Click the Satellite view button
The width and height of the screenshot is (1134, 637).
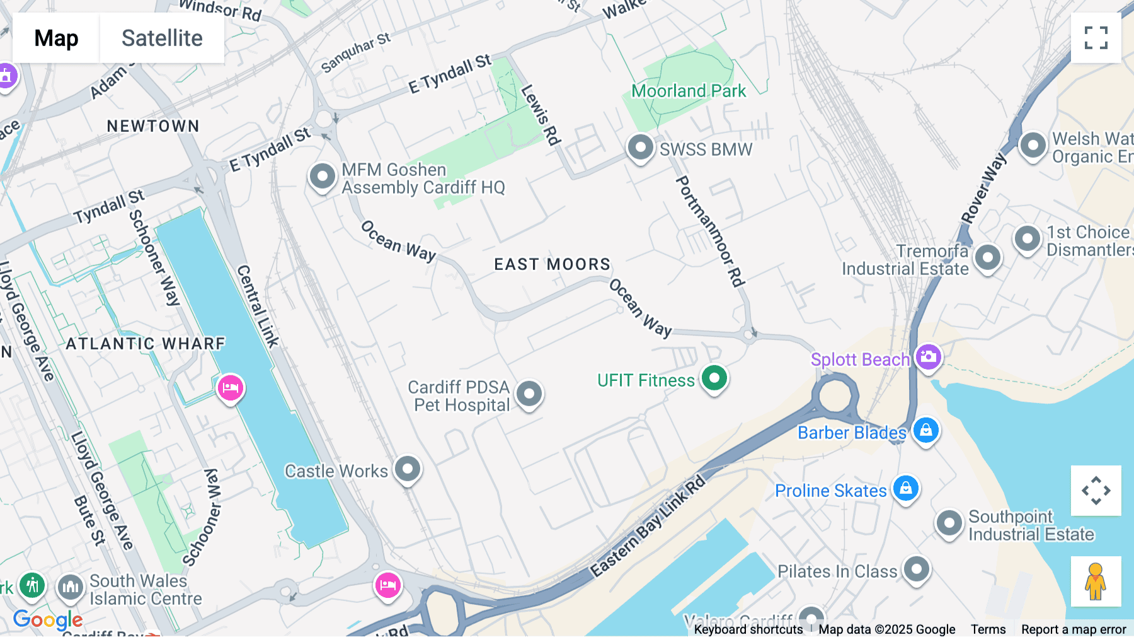[162, 38]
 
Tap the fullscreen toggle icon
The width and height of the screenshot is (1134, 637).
[1096, 38]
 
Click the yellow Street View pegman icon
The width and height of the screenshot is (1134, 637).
[1096, 581]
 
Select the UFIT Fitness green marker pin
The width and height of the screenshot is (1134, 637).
[714, 378]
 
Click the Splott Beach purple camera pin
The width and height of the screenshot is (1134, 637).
[928, 357]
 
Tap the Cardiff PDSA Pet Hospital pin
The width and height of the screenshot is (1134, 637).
[529, 394]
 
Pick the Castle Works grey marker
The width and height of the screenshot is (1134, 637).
[408, 469]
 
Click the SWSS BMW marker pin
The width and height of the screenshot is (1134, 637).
[641, 148]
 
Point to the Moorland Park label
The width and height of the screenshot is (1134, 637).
[689, 91]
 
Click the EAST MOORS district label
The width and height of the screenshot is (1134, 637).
[552, 264]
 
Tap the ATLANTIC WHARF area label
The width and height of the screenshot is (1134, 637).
[146, 344]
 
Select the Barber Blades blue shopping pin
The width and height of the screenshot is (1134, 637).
[925, 431]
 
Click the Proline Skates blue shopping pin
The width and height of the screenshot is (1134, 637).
[906, 488]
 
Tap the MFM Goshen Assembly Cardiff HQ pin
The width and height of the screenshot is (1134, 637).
[323, 177]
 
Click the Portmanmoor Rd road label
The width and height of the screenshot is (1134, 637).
[710, 231]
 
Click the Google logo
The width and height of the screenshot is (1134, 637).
[48, 620]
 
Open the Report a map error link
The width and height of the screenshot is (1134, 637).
[1073, 629]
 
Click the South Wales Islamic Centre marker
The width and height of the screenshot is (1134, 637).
[71, 587]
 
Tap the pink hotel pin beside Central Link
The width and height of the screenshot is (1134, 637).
[230, 388]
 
